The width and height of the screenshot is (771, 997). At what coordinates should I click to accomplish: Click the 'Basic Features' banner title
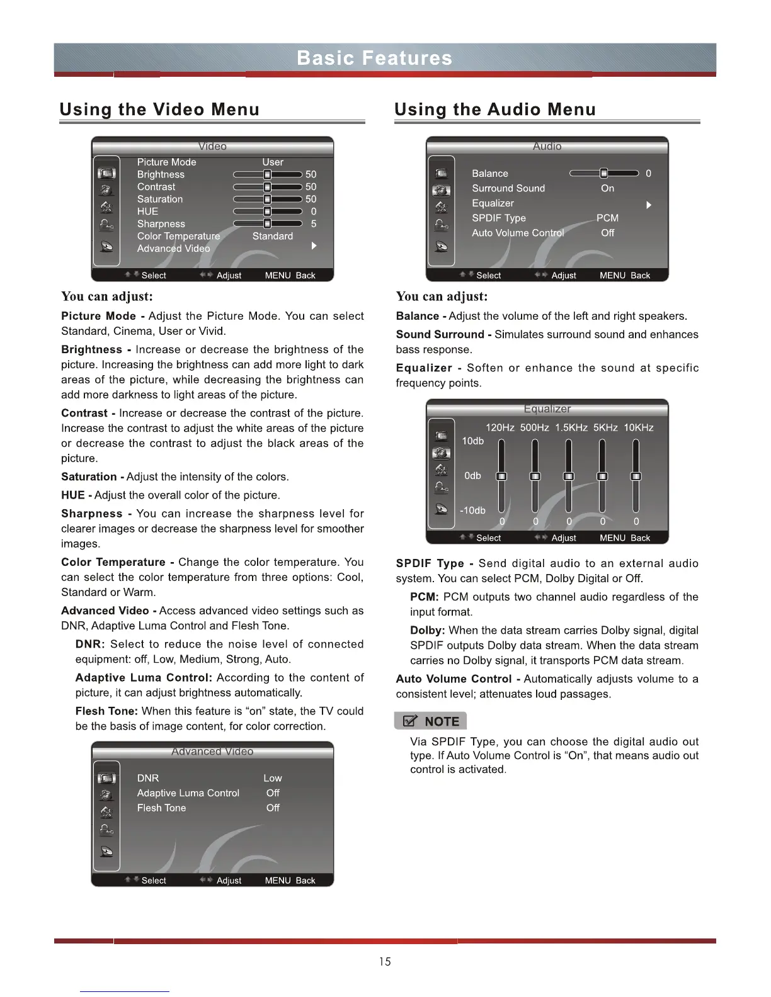374,59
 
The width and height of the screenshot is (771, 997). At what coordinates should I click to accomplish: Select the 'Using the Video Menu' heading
159,110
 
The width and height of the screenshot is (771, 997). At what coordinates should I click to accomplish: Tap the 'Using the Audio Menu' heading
494,110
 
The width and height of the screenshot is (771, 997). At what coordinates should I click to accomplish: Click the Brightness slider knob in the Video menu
268,174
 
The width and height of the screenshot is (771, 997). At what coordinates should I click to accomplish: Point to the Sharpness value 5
314,224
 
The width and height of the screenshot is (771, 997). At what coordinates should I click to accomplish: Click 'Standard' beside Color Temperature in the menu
273,236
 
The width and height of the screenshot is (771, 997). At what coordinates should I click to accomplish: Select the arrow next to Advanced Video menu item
314,246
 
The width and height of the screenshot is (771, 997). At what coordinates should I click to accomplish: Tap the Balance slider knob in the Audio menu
603,173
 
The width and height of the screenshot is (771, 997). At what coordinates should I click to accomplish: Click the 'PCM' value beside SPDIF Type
607,218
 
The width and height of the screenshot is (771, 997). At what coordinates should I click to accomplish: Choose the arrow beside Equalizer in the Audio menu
648,205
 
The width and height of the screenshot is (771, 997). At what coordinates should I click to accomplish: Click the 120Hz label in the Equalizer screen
500,428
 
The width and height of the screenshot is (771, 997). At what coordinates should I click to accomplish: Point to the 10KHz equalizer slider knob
636,476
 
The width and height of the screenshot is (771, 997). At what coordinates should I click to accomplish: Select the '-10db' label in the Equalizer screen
472,510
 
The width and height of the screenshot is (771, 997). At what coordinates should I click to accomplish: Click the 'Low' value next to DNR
273,779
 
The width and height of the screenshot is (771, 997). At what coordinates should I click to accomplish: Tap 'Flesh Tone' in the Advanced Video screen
162,808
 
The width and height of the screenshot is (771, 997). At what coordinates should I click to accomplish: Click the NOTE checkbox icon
410,721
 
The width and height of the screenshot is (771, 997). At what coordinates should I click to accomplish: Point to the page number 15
385,962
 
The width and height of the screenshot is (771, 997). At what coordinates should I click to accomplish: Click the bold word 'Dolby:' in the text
427,631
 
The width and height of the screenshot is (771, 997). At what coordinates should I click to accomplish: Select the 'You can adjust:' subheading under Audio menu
442,296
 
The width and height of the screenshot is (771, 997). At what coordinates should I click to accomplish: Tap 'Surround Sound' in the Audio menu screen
508,188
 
